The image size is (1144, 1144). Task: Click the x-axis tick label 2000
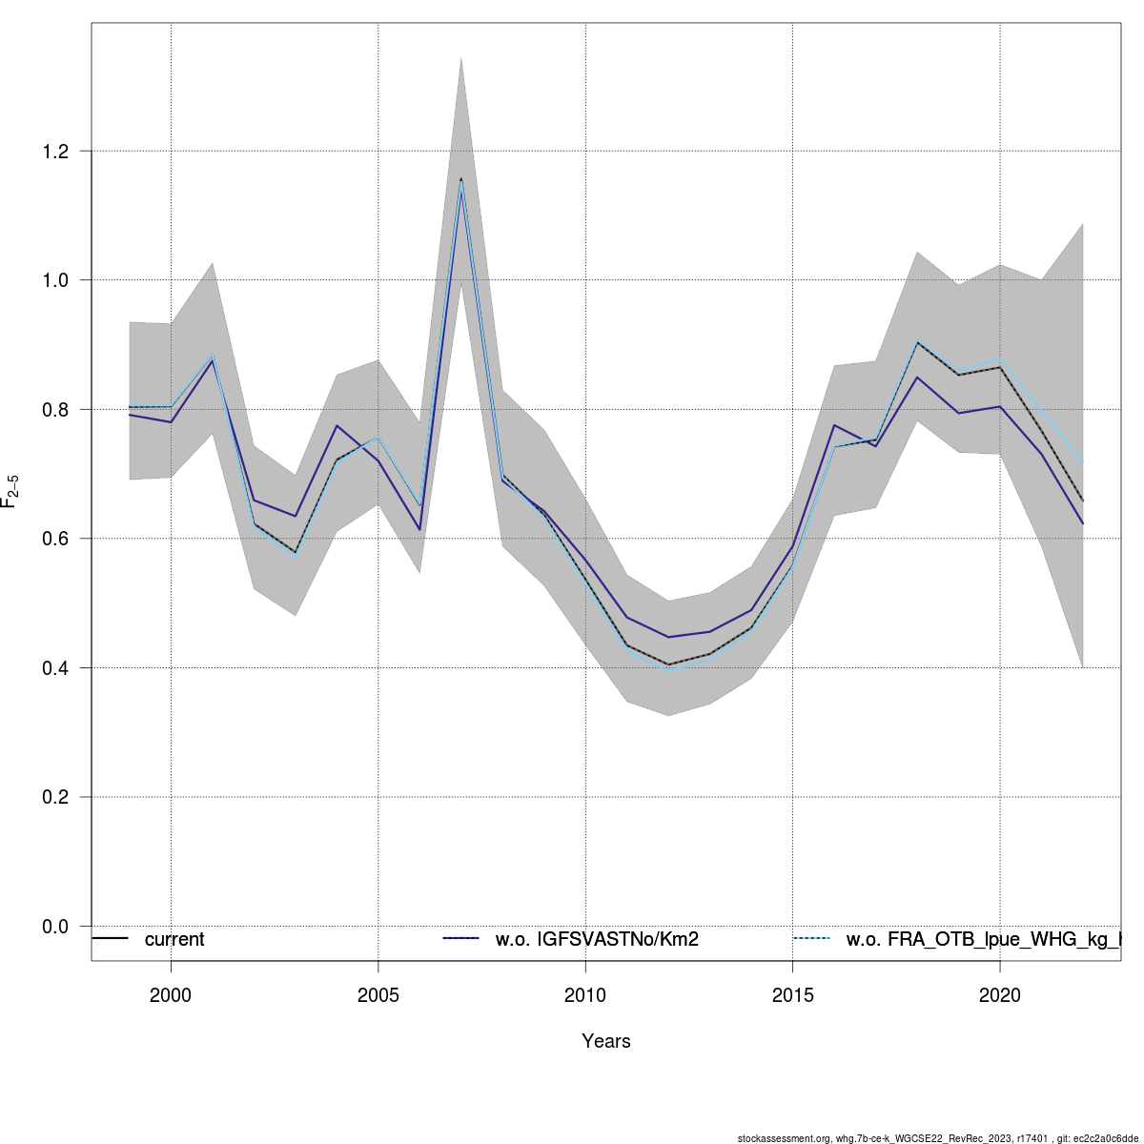[x=171, y=995]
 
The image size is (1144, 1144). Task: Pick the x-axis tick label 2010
[x=585, y=995]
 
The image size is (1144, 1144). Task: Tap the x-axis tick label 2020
[x=999, y=995]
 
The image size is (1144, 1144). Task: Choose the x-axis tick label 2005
[x=378, y=995]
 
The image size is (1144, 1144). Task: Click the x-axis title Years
[x=606, y=1041]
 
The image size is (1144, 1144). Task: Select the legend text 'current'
[x=174, y=940]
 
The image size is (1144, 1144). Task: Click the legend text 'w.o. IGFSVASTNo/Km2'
[x=597, y=940]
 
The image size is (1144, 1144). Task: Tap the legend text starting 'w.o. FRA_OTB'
[x=982, y=940]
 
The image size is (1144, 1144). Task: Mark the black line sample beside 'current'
[x=110, y=939]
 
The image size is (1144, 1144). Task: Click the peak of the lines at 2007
[x=461, y=178]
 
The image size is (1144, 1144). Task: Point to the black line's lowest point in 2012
[x=668, y=664]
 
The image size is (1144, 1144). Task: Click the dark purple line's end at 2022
[x=1083, y=523]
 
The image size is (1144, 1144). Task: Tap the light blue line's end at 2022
[x=1083, y=461]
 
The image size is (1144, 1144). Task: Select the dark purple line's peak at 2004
[x=337, y=425]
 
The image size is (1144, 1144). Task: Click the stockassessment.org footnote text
[x=938, y=1138]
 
